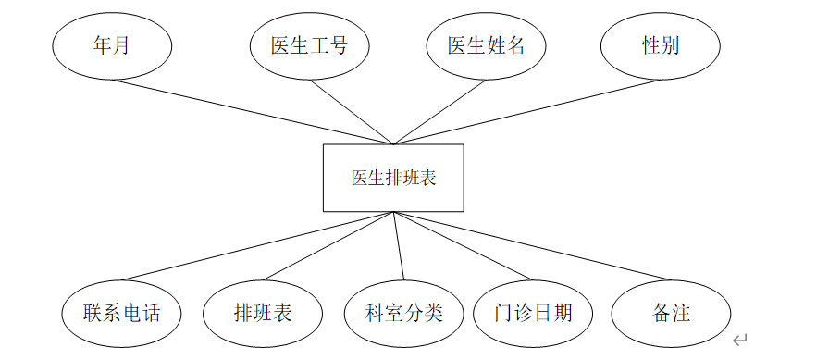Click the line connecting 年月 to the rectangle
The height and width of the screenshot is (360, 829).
click(253, 112)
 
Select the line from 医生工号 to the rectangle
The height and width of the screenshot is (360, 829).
click(352, 112)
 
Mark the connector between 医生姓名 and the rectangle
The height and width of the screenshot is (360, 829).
click(439, 112)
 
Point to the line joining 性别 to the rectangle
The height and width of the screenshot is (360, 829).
click(527, 112)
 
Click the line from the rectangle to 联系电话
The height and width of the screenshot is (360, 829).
click(257, 246)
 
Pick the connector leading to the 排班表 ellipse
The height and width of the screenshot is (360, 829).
click(328, 246)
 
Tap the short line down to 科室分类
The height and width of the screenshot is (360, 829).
click(399, 246)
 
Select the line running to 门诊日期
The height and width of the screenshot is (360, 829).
click(464, 246)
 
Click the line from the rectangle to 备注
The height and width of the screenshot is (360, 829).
click(532, 246)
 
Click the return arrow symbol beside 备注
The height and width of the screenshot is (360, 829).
click(739, 340)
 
